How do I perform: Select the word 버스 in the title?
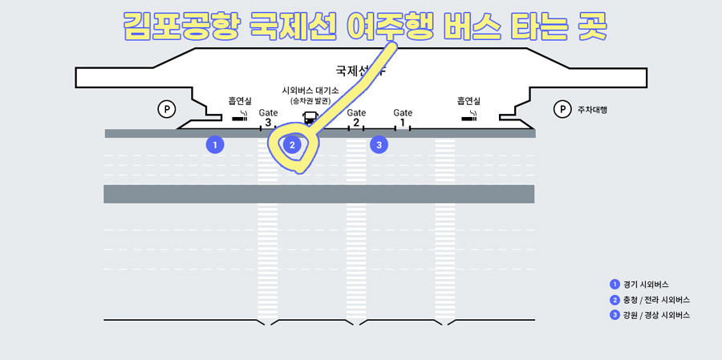(477, 28)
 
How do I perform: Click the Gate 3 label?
(268, 117)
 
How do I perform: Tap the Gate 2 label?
(356, 117)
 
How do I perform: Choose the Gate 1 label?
(403, 117)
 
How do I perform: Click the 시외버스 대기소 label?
(310, 91)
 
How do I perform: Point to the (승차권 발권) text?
(310, 101)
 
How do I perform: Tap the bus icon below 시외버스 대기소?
(310, 117)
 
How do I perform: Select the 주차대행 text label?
(592, 110)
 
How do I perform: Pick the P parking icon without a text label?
(166, 109)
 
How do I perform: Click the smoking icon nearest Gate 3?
(240, 118)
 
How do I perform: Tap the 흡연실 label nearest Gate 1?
(468, 101)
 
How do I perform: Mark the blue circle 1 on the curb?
(213, 145)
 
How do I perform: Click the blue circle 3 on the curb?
(379, 145)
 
